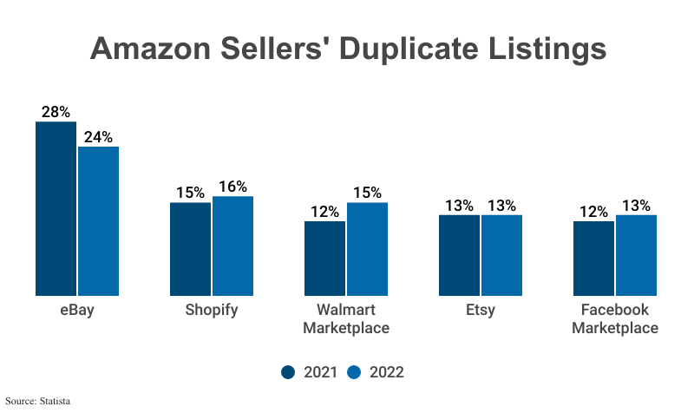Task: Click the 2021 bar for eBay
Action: [56, 208]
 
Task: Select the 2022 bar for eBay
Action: [98, 221]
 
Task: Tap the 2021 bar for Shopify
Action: [190, 249]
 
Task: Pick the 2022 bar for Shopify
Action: [232, 246]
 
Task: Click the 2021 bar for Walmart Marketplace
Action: [324, 259]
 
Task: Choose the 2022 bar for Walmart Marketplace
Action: [367, 249]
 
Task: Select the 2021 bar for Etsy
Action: [459, 255]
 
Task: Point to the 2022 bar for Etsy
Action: [501, 255]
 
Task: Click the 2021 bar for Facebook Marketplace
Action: [593, 259]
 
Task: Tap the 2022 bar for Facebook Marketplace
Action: [636, 255]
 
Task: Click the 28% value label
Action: [56, 112]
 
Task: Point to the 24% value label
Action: [98, 137]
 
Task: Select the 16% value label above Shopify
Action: [232, 187]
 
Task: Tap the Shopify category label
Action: [211, 311]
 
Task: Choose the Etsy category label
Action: [480, 311]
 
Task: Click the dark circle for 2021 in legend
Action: [290, 372]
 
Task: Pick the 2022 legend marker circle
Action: [354, 372]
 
